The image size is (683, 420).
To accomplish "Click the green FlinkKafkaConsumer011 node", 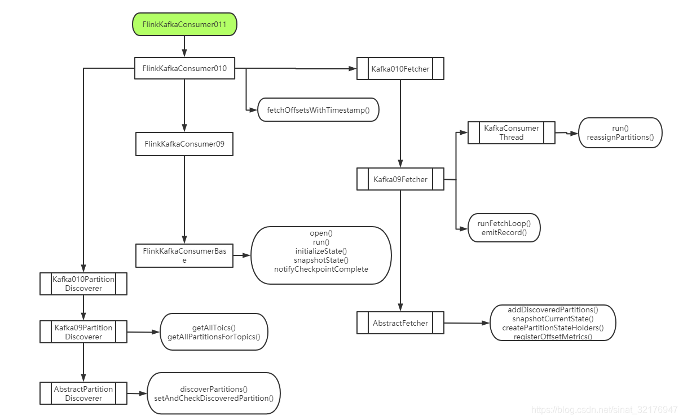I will [184, 25].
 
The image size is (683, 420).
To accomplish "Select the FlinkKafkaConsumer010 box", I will [184, 68].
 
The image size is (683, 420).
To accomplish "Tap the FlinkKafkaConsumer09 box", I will [184, 144].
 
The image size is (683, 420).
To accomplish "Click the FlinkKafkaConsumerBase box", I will [184, 255].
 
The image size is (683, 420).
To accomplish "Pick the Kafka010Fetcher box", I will [400, 69].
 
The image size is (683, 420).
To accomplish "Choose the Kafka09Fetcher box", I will [400, 179].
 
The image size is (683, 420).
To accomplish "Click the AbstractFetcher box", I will [400, 323].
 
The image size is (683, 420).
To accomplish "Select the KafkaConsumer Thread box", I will [511, 132].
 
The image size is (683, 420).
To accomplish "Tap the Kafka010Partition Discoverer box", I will [83, 284].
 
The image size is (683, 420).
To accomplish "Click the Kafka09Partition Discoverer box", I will [83, 332].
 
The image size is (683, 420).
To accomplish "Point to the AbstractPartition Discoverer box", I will [83, 394].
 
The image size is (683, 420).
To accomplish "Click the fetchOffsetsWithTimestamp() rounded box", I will [318, 110].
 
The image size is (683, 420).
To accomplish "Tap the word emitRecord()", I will [504, 232].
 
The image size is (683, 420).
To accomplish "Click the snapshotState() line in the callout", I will [321, 260].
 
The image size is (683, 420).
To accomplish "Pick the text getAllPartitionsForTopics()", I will [214, 337].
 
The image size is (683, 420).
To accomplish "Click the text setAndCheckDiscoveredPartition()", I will [214, 397].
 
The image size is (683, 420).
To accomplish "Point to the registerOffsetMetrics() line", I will [553, 337].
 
